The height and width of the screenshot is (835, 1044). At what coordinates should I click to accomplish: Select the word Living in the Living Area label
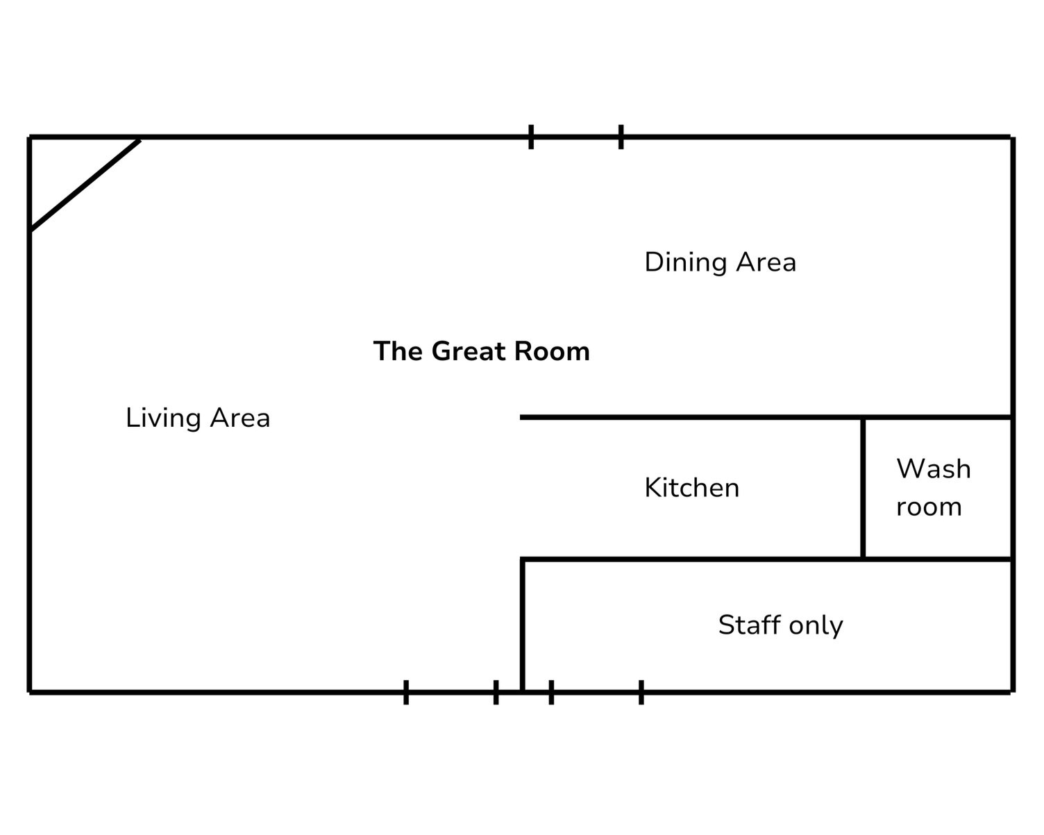163,419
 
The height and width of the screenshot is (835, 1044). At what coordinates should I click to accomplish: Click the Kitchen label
692,488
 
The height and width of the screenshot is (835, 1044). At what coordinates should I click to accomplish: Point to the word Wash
934,469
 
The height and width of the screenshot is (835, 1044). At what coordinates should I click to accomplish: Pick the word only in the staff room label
816,626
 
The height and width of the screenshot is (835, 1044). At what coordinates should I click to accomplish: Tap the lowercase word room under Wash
929,508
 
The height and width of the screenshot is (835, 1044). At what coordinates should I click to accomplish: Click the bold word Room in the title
552,351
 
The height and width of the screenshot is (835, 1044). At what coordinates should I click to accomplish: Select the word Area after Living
240,419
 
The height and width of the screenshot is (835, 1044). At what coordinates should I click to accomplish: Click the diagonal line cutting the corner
85,185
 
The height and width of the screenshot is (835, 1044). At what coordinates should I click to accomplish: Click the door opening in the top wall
576,137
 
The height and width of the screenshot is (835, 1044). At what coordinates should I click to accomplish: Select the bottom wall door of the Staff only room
596,692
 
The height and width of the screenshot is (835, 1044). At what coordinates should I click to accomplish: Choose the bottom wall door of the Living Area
451,692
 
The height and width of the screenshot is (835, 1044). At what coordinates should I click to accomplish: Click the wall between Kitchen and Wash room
863,488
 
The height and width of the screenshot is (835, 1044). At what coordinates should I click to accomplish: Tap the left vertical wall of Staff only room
523,626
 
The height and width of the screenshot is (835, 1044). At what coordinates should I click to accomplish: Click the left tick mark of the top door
531,137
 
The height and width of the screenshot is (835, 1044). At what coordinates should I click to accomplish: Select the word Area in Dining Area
766,262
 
